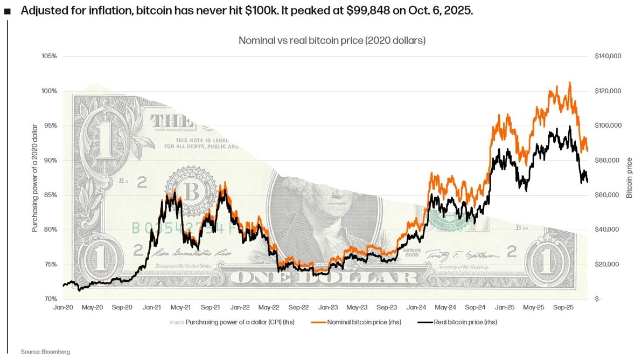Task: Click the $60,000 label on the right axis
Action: (607, 195)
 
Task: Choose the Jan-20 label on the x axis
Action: (64, 307)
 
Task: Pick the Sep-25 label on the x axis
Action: (563, 307)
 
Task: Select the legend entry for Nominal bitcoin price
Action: (358, 322)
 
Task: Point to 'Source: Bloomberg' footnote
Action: (45, 352)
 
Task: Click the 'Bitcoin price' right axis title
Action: (629, 178)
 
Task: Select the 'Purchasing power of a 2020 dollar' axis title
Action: (35, 178)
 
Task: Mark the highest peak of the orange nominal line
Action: (570, 83)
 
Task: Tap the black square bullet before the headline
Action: (7, 11)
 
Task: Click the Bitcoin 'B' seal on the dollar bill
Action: (189, 191)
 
